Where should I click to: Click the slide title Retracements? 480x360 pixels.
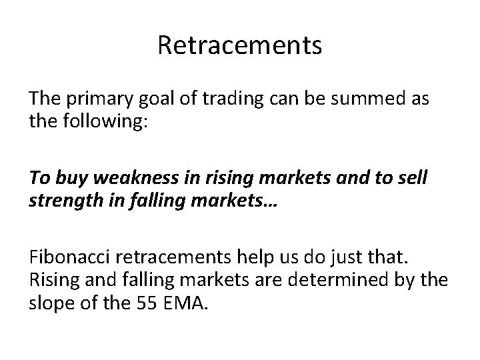[240, 45]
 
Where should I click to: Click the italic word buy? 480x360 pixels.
[71, 179]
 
